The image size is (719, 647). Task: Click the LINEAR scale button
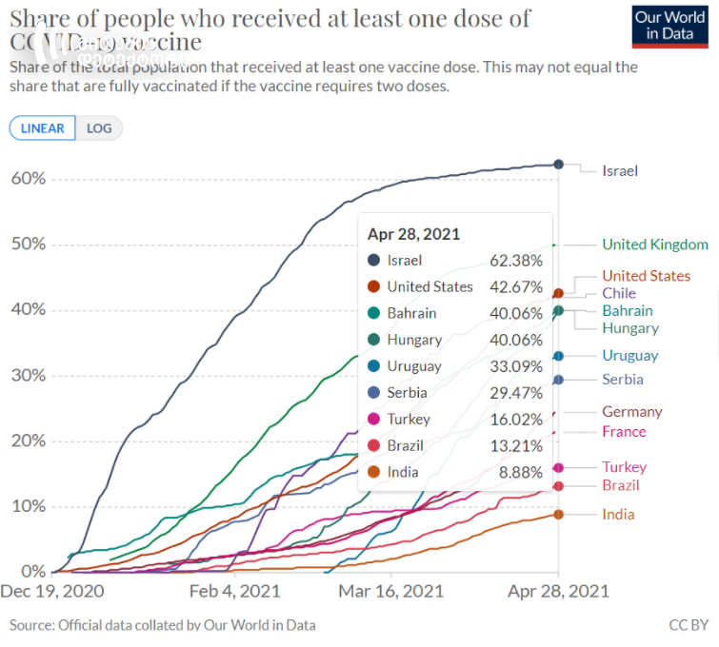click(x=43, y=128)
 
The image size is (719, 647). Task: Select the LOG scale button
click(x=99, y=128)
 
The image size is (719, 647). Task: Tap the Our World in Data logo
click(x=670, y=26)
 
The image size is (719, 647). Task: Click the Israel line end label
click(x=619, y=171)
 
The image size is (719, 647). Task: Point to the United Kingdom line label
click(x=654, y=245)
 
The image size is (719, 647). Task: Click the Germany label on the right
click(x=631, y=412)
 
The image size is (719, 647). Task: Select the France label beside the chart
click(x=624, y=432)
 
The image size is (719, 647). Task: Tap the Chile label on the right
click(x=618, y=293)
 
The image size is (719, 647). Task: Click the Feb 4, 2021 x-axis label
click(x=234, y=591)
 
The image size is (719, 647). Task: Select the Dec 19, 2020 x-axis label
click(x=55, y=591)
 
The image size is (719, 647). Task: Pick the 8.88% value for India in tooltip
click(x=519, y=472)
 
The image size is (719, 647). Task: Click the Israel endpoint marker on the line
click(x=558, y=165)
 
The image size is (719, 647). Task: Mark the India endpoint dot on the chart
click(x=558, y=515)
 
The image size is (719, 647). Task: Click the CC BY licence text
click(x=689, y=625)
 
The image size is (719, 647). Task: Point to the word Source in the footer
click(x=31, y=625)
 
